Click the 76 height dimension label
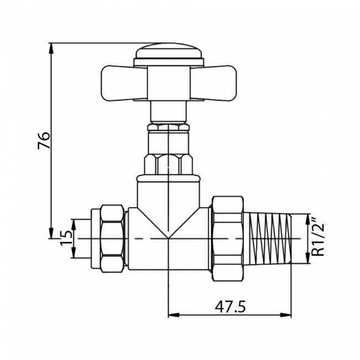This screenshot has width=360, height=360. pos(44,140)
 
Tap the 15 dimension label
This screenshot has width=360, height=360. pos(66,239)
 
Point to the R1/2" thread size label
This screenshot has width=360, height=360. pos(318,238)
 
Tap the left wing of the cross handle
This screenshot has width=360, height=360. pos(125,83)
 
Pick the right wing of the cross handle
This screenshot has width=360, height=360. pos(213,83)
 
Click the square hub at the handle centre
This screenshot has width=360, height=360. pos(169,84)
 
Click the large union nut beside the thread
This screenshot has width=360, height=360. pos(228,239)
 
